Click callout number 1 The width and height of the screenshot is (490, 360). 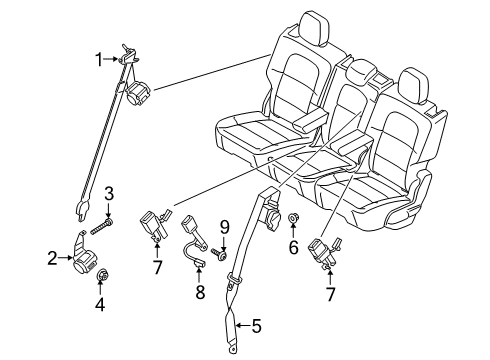99,59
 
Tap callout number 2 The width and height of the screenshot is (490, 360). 51,259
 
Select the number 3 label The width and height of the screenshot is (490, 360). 108,192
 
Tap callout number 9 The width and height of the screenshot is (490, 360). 224,227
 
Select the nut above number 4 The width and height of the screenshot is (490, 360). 104,277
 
